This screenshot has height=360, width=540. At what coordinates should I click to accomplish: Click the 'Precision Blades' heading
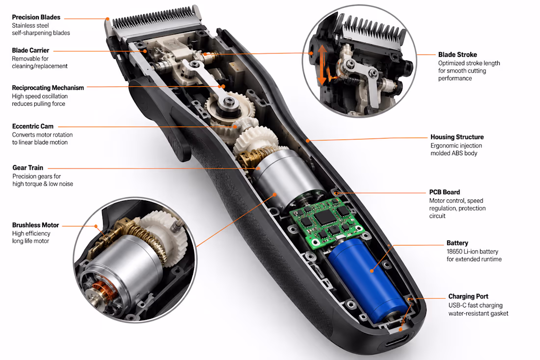[36, 17]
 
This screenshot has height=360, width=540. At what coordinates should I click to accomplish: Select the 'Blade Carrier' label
[30, 50]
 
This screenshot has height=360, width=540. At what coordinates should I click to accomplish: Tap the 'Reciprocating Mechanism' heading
[48, 88]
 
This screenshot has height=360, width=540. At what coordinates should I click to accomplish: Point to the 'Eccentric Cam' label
[33, 126]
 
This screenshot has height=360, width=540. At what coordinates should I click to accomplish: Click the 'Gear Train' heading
[28, 168]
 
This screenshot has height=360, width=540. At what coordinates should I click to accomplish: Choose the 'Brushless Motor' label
[35, 225]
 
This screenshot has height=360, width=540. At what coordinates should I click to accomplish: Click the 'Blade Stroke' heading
[458, 55]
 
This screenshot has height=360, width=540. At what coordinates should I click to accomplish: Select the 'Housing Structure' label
[457, 137]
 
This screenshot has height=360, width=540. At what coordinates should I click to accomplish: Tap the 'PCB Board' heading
[444, 192]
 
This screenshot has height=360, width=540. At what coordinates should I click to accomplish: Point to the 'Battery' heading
[457, 243]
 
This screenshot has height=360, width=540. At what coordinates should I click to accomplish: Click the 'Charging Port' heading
[468, 296]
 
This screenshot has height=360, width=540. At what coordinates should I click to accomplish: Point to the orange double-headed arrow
[322, 65]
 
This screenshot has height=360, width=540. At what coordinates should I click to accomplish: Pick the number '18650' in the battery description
[455, 251]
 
